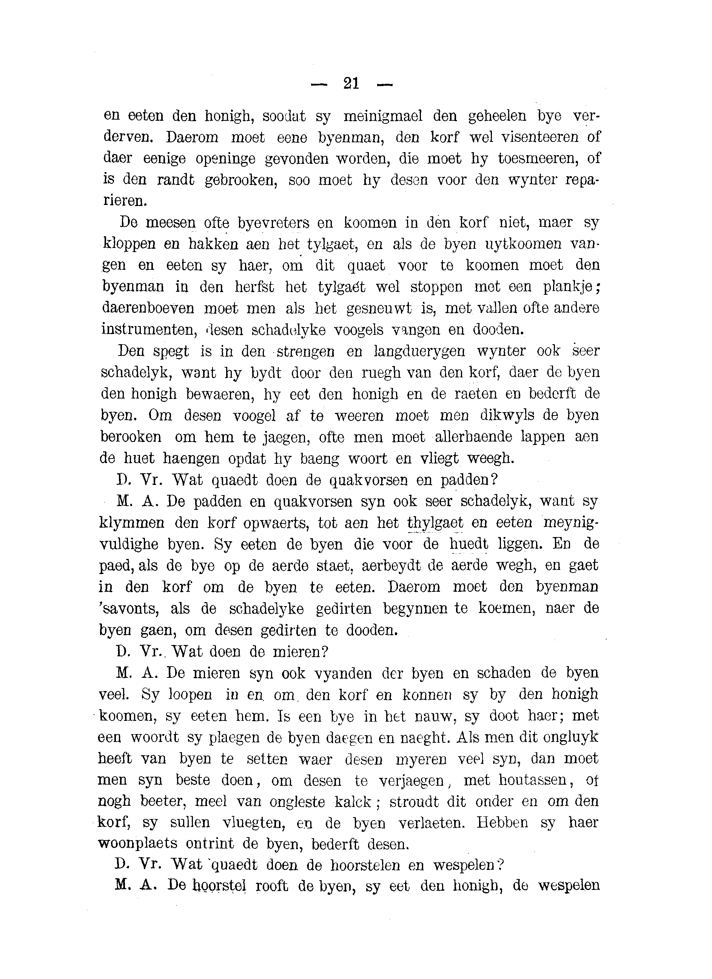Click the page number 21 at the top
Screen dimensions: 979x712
pyautogui.click(x=351, y=83)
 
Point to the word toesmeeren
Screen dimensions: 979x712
pyautogui.click(x=535, y=159)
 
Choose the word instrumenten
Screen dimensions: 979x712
pyautogui.click(x=146, y=330)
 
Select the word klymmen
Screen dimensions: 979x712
pyautogui.click(x=132, y=523)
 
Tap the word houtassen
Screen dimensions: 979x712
pyautogui.click(x=532, y=780)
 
